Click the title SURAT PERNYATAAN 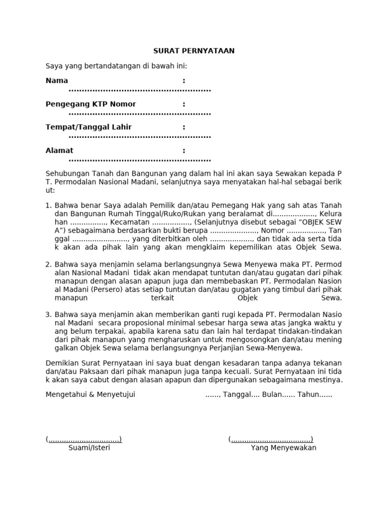194,51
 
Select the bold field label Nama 57,81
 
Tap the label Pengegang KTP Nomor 90,104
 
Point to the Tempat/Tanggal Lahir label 88,127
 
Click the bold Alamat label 59,150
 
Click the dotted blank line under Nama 139,90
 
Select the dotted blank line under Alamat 139,160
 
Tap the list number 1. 48,205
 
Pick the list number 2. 48,264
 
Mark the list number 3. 48,315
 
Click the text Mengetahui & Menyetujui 90,394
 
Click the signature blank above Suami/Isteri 84,439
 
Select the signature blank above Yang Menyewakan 271,439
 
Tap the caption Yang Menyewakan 283,448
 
